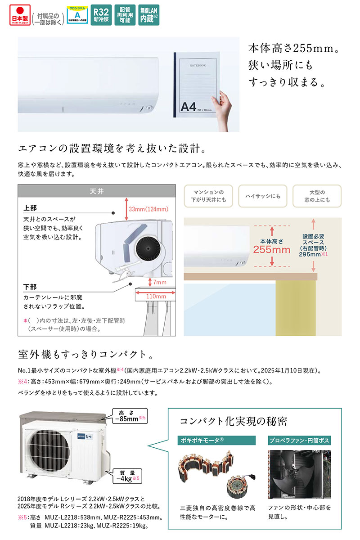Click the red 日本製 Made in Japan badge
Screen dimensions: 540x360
[x=18, y=16]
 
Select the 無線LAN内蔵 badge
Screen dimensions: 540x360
[x=148, y=16]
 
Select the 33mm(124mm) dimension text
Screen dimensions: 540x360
[x=148, y=209]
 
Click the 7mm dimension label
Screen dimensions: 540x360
[x=159, y=282]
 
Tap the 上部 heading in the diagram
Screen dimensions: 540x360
[x=30, y=208]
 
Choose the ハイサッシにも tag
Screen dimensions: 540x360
[x=262, y=196]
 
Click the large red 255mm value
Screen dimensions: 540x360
[x=272, y=250]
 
